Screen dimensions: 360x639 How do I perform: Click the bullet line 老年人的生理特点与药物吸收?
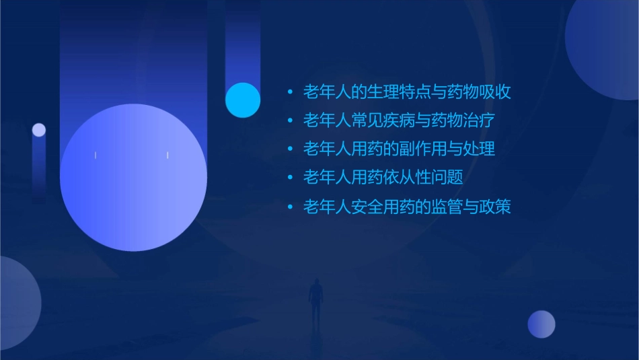[407, 92]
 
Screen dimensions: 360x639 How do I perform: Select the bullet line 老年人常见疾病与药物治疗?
[399, 121]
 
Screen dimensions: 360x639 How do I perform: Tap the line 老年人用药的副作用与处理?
[399, 149]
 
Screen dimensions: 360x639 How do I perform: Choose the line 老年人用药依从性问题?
[383, 178]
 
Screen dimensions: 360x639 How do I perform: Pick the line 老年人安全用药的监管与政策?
[407, 207]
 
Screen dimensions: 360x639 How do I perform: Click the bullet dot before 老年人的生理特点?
[289, 92]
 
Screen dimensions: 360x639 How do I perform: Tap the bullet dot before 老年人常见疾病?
[289, 121]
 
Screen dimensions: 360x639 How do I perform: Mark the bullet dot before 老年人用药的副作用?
[289, 149]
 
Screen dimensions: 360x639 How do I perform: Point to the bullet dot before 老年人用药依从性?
[289, 178]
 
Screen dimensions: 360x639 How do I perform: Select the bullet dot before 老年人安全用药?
[289, 207]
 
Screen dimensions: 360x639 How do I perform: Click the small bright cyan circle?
[243, 100]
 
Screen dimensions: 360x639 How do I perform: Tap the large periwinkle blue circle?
[133, 178]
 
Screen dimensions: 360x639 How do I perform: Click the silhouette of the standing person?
[315, 299]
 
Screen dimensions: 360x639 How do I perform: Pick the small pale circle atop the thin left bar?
[39, 130]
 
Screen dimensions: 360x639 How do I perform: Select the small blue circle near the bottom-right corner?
[541, 324]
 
